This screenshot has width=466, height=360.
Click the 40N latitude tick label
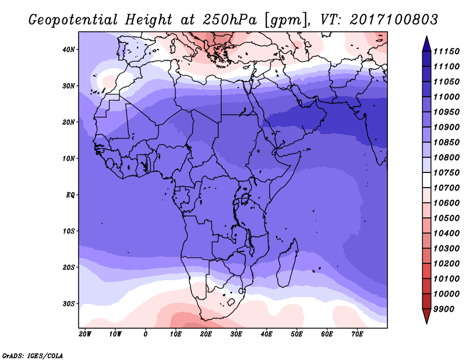click(68, 50)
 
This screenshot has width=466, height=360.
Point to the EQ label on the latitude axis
click(70, 195)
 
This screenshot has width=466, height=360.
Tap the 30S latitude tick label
click(68, 304)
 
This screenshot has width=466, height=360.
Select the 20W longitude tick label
click(85, 334)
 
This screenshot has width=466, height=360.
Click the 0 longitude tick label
click(145, 334)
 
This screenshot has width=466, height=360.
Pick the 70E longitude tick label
click(357, 334)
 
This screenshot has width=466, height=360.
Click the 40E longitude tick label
click(266, 334)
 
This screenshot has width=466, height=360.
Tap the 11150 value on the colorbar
click(446, 51)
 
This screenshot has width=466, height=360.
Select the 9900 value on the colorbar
click(444, 309)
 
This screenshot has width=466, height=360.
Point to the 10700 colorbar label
click(446, 188)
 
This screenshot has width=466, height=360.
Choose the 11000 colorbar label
click(446, 97)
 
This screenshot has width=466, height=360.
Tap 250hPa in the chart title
click(230, 20)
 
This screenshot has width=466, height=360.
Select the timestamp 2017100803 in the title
click(394, 19)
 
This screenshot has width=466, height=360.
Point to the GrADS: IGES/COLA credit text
click(33, 355)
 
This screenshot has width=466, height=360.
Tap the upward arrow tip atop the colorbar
click(426, 37)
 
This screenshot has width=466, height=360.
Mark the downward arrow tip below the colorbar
click(426, 323)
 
